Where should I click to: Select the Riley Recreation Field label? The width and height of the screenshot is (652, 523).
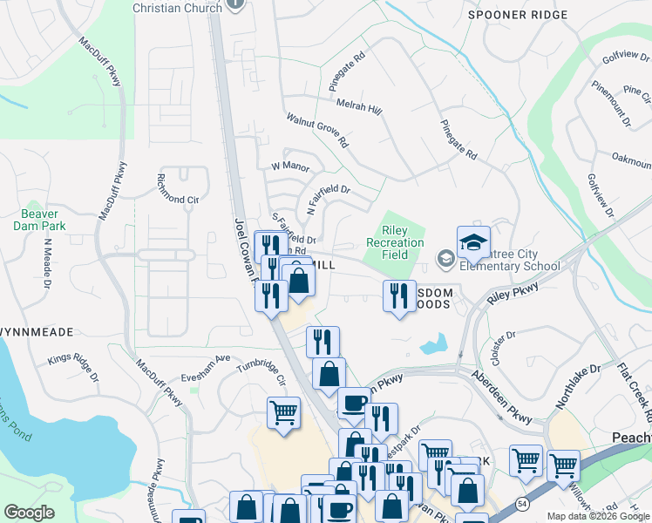point(395,243)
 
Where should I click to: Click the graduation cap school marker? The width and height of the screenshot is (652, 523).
point(473,243)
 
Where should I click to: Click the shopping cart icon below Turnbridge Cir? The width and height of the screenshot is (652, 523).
point(284,413)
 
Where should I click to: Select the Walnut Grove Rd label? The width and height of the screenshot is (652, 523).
point(317,129)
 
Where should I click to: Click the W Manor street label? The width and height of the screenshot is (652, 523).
point(286,166)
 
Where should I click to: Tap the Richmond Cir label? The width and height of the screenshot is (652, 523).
point(176,199)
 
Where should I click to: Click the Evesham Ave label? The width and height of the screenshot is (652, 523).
point(206,357)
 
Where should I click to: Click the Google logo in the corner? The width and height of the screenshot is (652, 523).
point(29,513)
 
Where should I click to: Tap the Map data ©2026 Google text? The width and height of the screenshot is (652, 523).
point(598,516)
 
